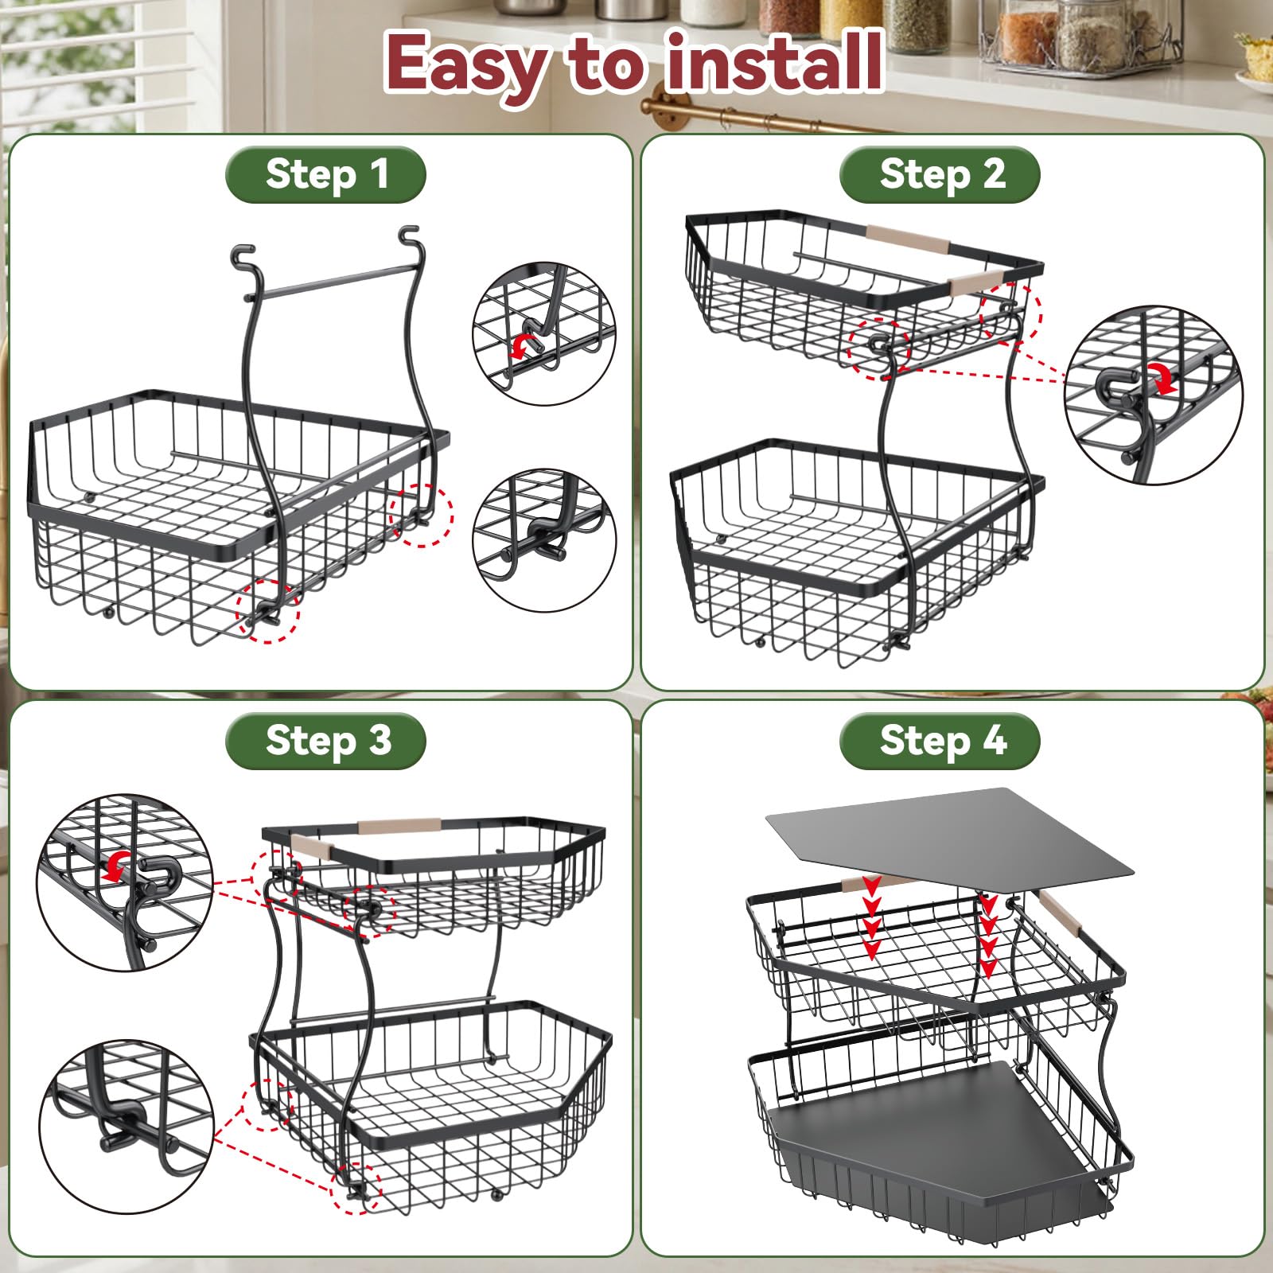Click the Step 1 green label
coord(325,175)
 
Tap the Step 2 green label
coord(940,175)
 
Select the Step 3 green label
coord(325,741)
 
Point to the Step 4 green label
coord(940,741)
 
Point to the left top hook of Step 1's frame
coord(242,259)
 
